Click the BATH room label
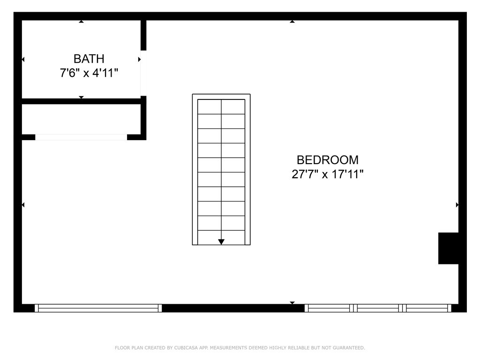(x=89, y=59)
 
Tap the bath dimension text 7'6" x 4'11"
(x=89, y=73)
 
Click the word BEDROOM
(x=328, y=160)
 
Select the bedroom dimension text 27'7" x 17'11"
(x=328, y=174)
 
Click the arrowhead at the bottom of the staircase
(x=221, y=242)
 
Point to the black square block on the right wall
(x=448, y=248)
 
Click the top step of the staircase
(x=221, y=106)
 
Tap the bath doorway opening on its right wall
(x=143, y=73)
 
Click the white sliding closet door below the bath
(x=81, y=137)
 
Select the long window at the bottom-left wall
(x=98, y=308)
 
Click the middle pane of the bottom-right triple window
(x=378, y=308)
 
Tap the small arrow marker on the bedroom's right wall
(x=457, y=205)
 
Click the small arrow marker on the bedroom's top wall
(x=292, y=22)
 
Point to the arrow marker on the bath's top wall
(x=81, y=22)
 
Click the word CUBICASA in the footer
(x=186, y=348)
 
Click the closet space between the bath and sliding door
(x=81, y=119)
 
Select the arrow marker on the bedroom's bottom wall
(x=292, y=303)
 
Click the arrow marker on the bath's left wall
(x=23, y=60)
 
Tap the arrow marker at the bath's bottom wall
(x=81, y=97)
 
